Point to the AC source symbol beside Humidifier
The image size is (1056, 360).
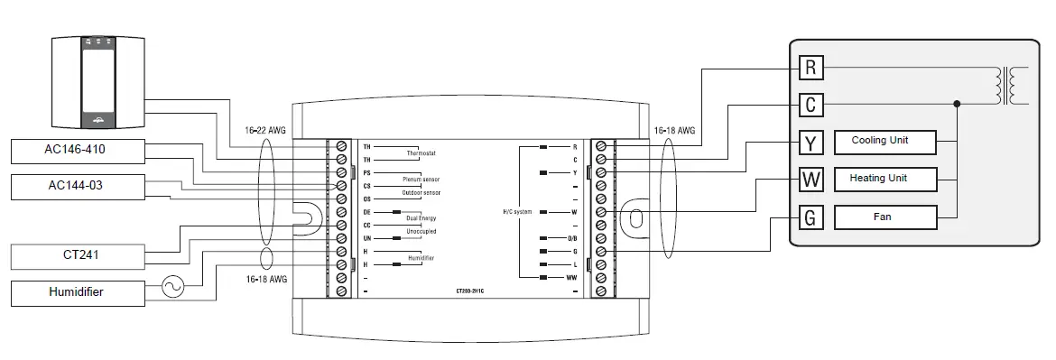pyautogui.click(x=171, y=288)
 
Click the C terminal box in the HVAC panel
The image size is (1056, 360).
pyautogui.click(x=811, y=105)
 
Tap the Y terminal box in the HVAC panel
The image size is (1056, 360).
pyautogui.click(x=811, y=143)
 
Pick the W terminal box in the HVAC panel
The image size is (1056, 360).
pyautogui.click(x=811, y=180)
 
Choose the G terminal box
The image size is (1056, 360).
pyautogui.click(x=811, y=217)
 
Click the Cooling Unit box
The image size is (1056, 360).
pyautogui.click(x=880, y=142)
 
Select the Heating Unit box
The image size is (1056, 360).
pyautogui.click(x=880, y=179)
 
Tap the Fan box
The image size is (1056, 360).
pyautogui.click(x=880, y=217)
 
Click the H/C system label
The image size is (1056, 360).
pyautogui.click(x=518, y=211)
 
